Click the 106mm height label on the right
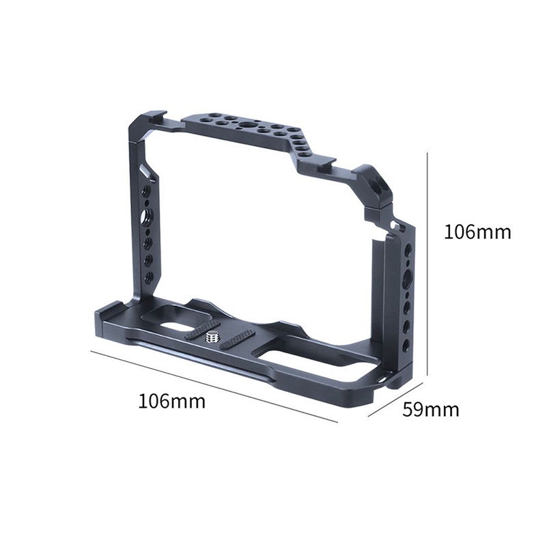477,231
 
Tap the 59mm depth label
430,409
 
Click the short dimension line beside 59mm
395,399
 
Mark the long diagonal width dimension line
214,386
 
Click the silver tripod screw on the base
210,337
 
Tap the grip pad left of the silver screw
200,330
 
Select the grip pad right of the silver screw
236,343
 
